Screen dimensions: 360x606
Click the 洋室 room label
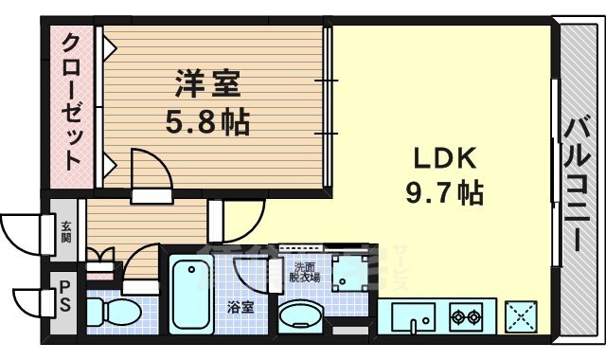[x=207, y=85]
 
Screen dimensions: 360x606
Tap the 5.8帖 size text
[x=207, y=121]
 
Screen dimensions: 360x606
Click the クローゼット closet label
[x=72, y=102]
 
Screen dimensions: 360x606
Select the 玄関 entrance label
[x=66, y=232]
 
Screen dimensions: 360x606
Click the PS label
[x=66, y=293]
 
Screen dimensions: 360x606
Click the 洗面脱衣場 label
[x=305, y=273]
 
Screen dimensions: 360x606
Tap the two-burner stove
[x=466, y=316]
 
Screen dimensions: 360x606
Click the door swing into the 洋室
[x=149, y=171]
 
